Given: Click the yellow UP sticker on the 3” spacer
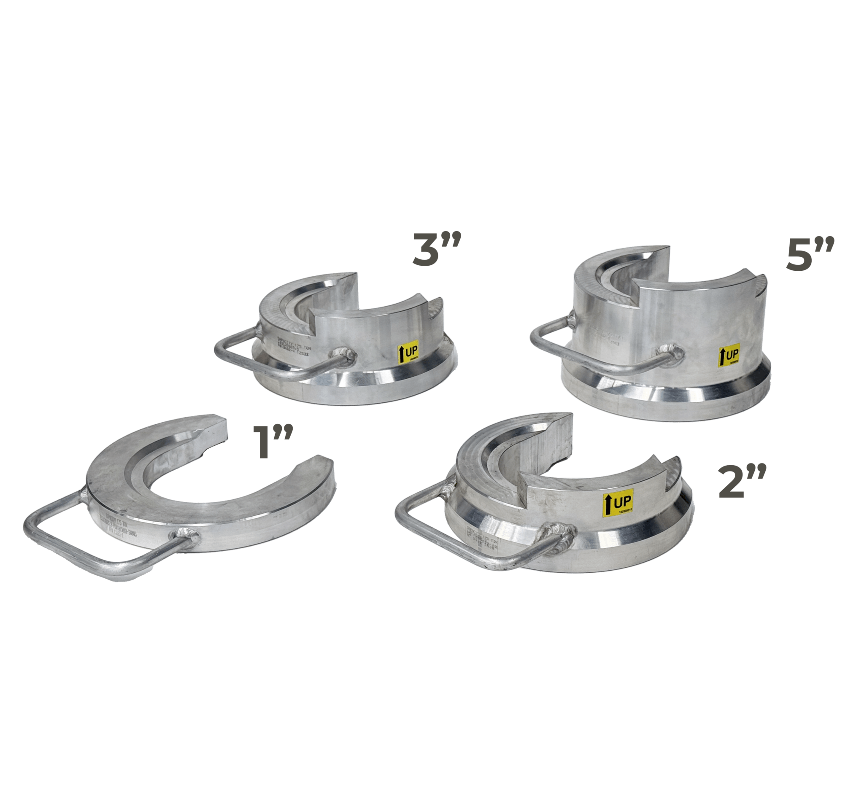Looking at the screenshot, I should tap(408, 352).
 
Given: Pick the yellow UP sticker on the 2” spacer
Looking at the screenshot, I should tap(618, 503).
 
